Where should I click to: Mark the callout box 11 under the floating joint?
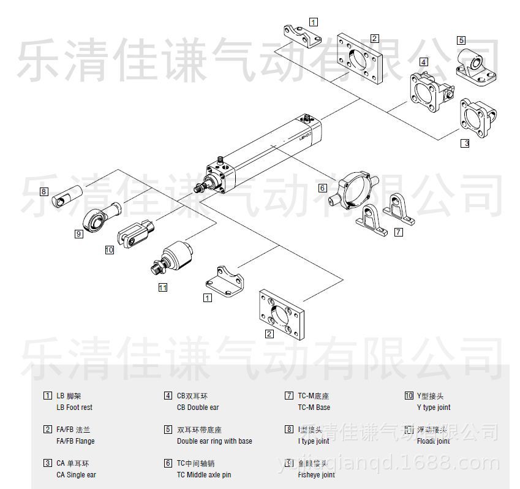163,287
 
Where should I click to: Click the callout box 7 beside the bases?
399,232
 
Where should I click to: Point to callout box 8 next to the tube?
44,191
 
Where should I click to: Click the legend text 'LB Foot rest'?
74,408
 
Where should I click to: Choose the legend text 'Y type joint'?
434,408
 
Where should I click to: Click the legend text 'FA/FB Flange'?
75,441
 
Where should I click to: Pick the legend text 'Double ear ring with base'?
214,441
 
